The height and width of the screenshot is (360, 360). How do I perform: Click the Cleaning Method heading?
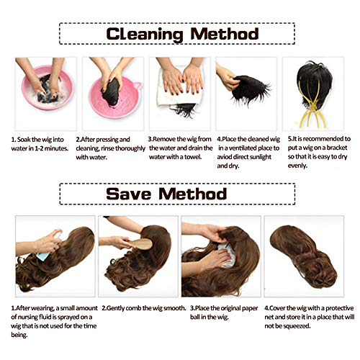[x=182, y=34]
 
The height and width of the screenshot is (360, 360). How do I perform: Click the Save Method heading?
[x=166, y=194]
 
